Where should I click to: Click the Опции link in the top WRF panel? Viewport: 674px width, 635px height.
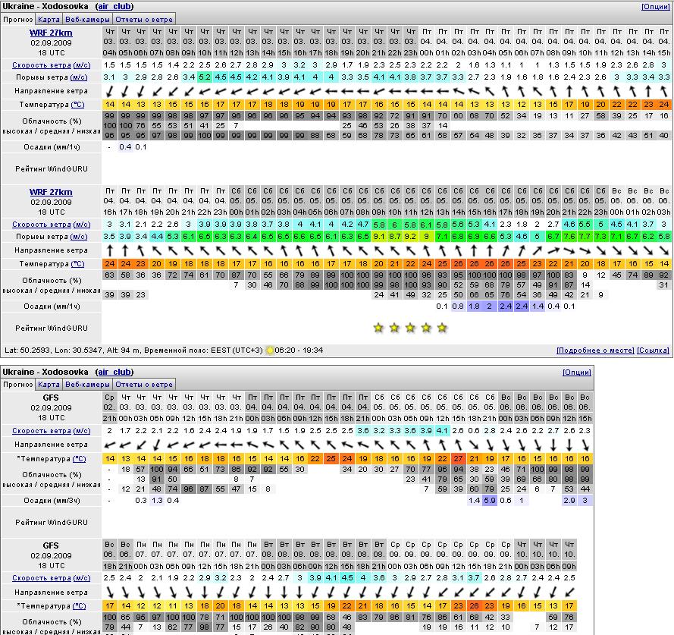tap(656, 7)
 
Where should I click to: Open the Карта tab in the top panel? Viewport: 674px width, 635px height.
tap(49, 18)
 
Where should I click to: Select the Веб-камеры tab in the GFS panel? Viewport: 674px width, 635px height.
tap(86, 384)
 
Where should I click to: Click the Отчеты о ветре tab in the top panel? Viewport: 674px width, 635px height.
tap(145, 18)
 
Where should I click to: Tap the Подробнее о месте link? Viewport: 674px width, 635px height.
tap(595, 351)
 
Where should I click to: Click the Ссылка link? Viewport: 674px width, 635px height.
tap(653, 351)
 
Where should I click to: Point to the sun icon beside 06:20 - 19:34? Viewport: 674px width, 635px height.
tap(270, 351)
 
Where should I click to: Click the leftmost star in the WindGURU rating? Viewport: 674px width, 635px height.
tap(378, 328)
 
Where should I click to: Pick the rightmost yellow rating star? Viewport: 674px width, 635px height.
tap(442, 328)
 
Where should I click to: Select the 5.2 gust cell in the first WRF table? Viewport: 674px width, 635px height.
tap(205, 77)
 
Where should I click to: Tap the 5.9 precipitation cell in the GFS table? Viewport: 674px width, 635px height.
tap(490, 501)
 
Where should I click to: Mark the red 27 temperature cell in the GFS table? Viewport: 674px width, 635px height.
tap(458, 459)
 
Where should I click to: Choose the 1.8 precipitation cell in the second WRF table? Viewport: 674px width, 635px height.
tap(474, 306)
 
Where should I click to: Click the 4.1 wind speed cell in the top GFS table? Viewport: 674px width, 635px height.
tap(443, 431)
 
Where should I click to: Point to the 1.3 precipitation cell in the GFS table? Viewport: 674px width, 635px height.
tap(158, 501)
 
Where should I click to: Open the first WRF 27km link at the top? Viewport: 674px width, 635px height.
tap(51, 33)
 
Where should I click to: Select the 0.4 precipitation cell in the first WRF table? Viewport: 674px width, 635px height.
tap(125, 147)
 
